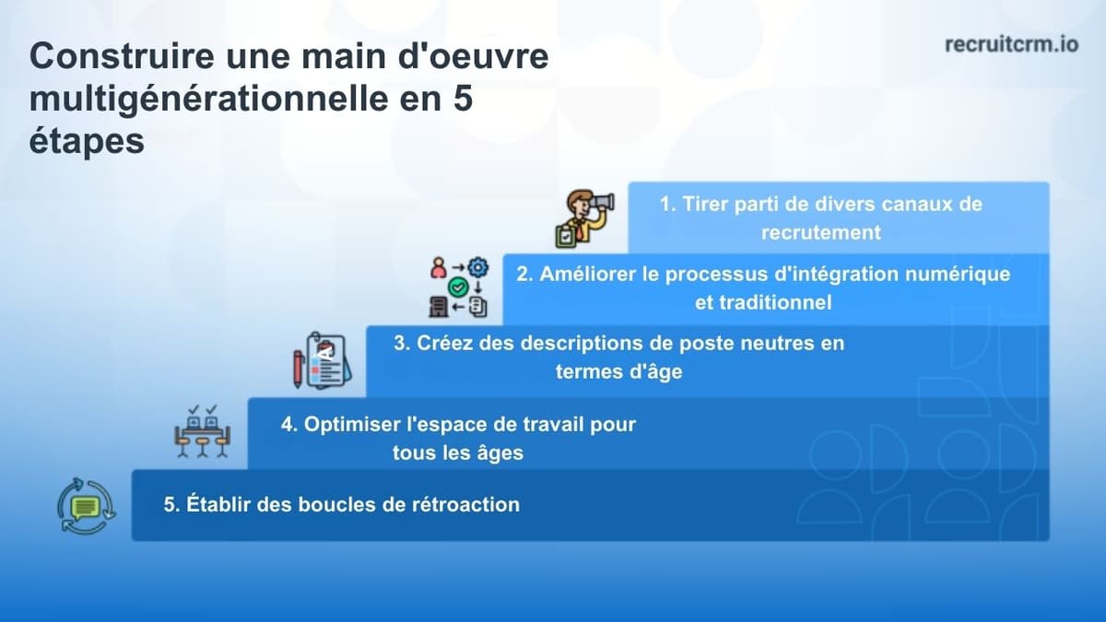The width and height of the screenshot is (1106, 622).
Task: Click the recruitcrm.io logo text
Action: pyautogui.click(x=1012, y=44)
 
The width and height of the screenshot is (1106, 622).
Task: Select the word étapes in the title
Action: pyautogui.click(x=87, y=142)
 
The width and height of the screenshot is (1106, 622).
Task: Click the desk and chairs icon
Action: pyautogui.click(x=201, y=431)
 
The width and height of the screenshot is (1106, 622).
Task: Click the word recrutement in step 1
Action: pyautogui.click(x=820, y=232)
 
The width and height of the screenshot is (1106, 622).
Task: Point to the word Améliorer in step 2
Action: pyautogui.click(x=586, y=275)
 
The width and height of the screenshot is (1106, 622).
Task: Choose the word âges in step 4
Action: pyautogui.click(x=498, y=452)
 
